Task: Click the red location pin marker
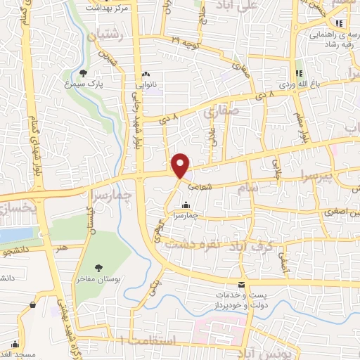pos(181,165)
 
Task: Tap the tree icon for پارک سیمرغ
pos(83,72)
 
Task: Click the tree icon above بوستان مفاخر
pos(98,267)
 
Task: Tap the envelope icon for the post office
pos(242,285)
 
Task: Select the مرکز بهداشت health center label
pos(109,6)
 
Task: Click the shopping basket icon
pos(33,304)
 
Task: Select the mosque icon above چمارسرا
pos(185,205)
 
